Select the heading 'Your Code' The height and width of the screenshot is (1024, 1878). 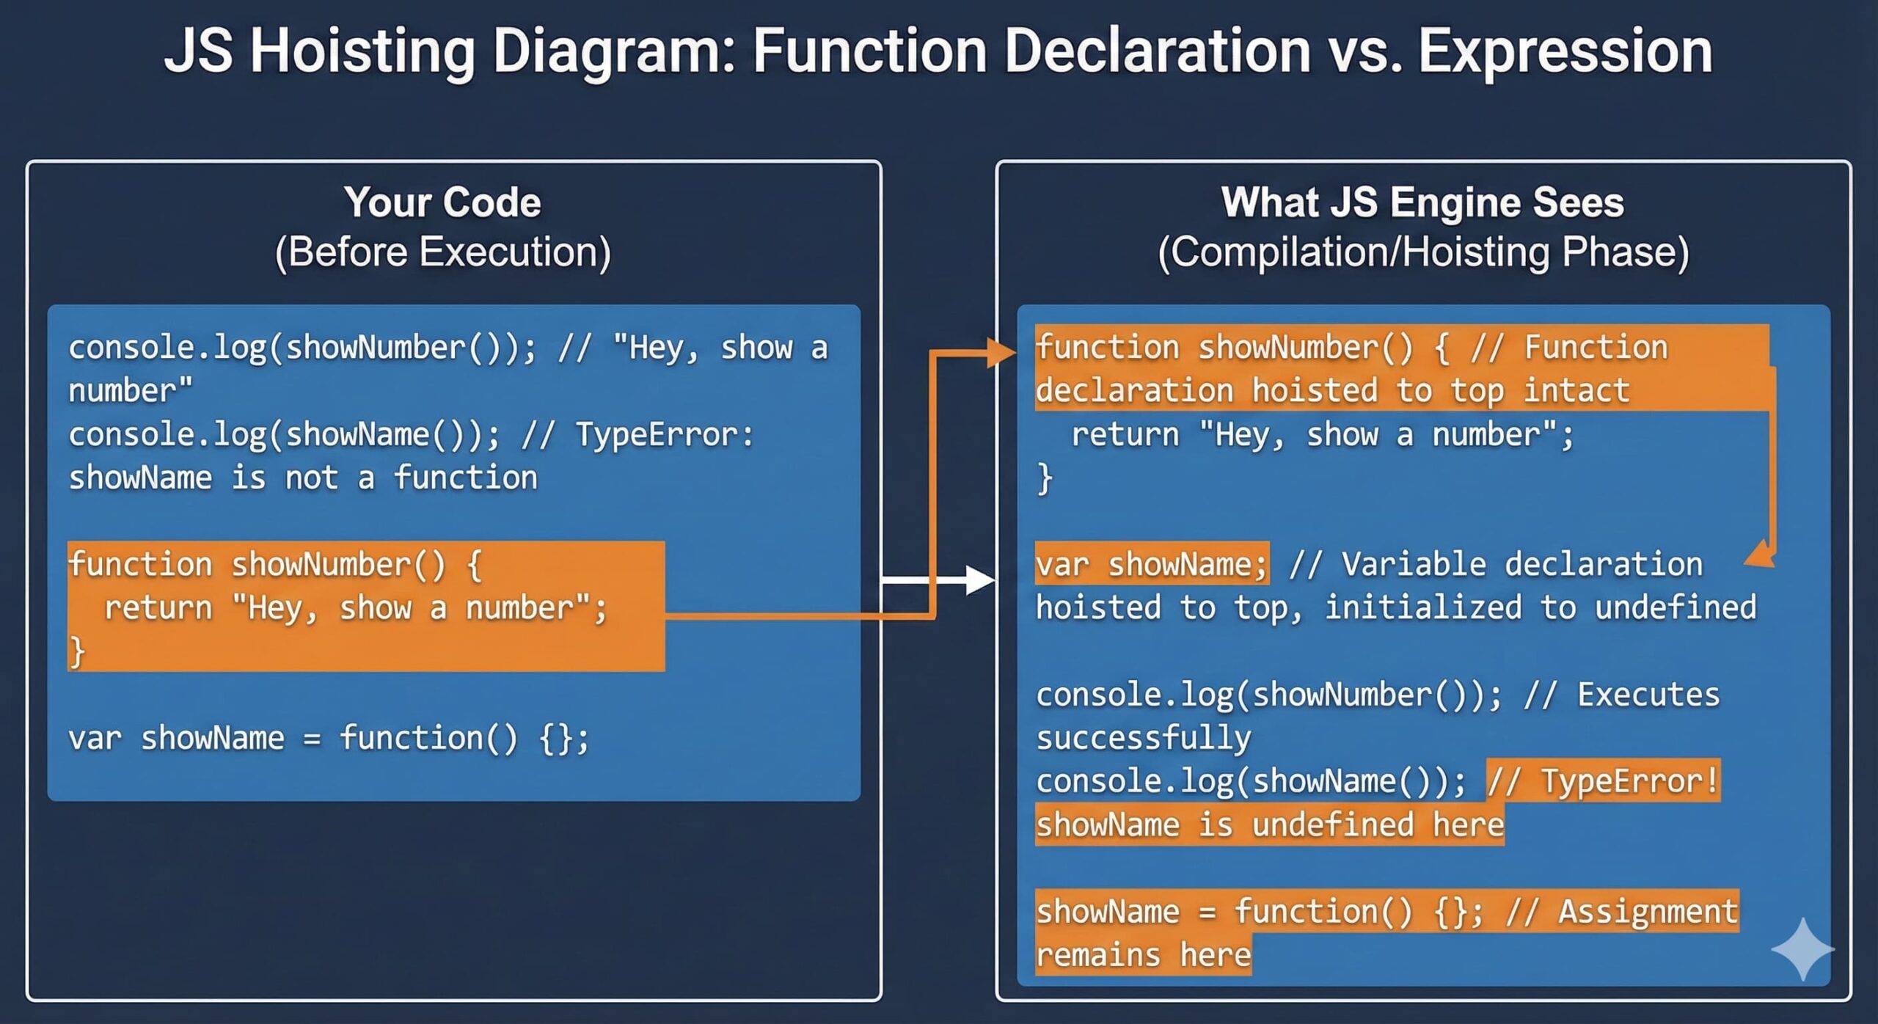(x=442, y=202)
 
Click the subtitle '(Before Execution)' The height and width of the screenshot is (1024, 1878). (x=442, y=252)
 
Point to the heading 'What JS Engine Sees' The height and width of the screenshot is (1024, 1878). (x=1422, y=202)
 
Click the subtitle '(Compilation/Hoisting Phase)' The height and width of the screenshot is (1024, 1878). (x=1422, y=252)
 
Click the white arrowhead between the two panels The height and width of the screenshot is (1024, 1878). (x=980, y=580)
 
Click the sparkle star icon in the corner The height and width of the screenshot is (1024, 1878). (x=1802, y=948)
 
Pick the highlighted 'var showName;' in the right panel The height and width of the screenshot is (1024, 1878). (x=1151, y=564)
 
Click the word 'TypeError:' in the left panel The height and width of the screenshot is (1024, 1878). (x=664, y=434)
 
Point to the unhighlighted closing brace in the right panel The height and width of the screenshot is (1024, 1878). (x=1045, y=478)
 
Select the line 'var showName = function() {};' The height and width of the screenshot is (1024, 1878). (x=328, y=738)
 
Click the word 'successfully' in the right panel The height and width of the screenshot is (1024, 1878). (x=1143, y=738)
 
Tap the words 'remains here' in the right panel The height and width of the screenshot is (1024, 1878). (x=1143, y=954)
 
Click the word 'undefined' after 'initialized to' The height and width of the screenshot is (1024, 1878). (x=1676, y=607)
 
